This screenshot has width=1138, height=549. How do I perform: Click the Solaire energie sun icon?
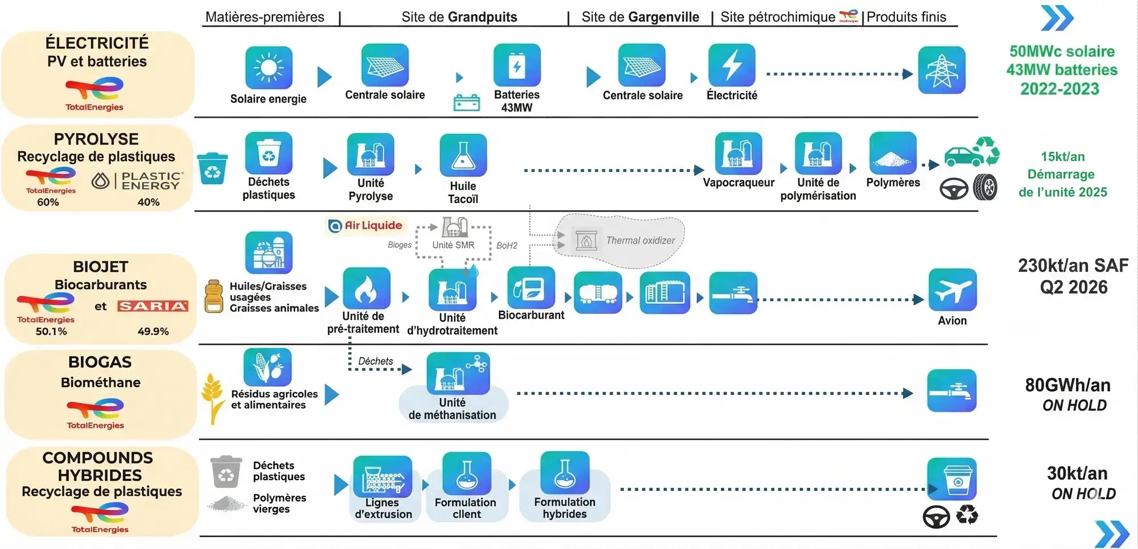(269, 68)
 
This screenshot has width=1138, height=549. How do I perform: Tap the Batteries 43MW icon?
(517, 65)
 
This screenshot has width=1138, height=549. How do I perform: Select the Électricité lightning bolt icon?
(732, 65)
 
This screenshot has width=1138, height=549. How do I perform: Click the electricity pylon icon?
(942, 70)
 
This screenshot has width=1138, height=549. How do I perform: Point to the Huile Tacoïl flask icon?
(463, 155)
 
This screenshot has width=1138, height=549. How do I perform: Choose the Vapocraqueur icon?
(738, 154)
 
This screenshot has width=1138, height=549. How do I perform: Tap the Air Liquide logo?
(366, 226)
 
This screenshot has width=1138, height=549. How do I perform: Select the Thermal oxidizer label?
(640, 241)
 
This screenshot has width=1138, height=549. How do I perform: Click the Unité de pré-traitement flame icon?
(366, 288)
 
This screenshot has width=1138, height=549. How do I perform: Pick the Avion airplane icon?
(952, 290)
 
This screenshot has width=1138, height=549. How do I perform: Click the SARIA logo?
(152, 306)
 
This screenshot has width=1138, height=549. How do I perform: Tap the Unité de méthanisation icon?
(457, 373)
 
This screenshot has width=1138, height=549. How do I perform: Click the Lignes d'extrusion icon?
(382, 477)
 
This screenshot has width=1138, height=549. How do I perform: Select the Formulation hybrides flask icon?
(564, 473)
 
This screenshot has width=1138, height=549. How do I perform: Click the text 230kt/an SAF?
(1073, 266)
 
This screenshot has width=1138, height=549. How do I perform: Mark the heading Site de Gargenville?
(640, 17)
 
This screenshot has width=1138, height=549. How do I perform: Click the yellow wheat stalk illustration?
(213, 398)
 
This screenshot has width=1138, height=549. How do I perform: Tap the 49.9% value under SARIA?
(153, 331)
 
